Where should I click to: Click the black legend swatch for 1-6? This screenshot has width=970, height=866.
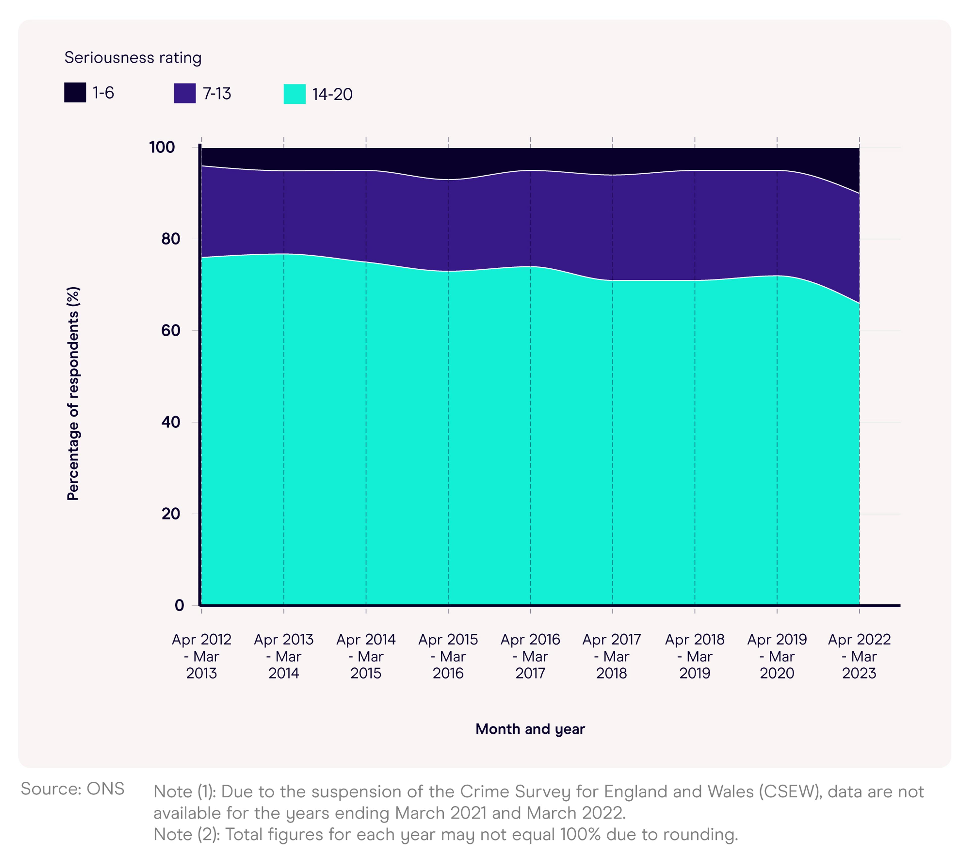pyautogui.click(x=75, y=92)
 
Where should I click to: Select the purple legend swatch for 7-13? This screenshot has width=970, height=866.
pyautogui.click(x=185, y=93)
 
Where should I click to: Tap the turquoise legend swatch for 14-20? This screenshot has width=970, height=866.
pyautogui.click(x=295, y=94)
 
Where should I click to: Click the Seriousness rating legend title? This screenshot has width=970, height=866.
pyautogui.click(x=133, y=58)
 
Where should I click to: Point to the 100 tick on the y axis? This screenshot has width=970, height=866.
pyautogui.click(x=162, y=147)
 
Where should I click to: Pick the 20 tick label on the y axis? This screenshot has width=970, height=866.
pyautogui.click(x=171, y=514)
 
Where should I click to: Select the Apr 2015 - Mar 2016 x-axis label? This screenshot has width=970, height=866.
pyautogui.click(x=448, y=656)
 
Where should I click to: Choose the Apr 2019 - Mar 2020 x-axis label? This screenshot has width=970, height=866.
pyautogui.click(x=777, y=656)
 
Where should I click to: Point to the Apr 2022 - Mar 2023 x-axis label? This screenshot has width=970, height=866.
pyautogui.click(x=859, y=656)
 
